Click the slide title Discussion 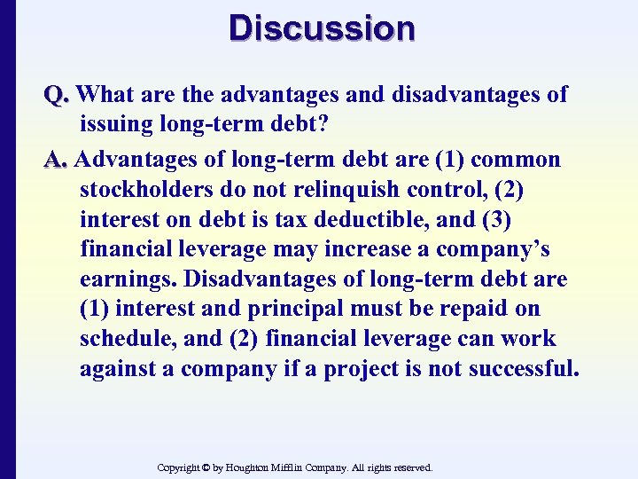click(x=321, y=27)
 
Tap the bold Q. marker click(x=58, y=94)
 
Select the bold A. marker click(x=58, y=160)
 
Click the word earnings click(x=128, y=280)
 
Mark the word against click(x=116, y=369)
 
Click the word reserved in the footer click(x=410, y=467)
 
